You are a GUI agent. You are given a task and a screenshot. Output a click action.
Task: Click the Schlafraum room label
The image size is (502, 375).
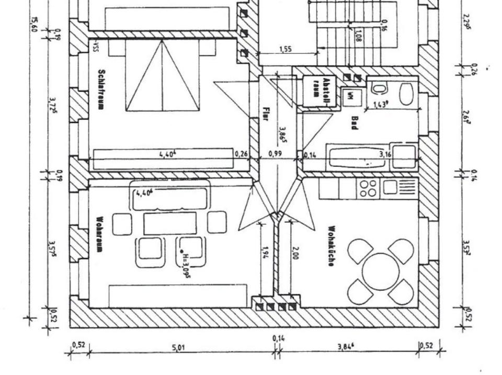tap(101, 89)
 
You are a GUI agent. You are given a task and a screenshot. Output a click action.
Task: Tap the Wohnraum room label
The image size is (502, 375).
tap(100, 235)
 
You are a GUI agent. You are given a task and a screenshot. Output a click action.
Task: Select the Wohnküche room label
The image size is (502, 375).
tap(330, 246)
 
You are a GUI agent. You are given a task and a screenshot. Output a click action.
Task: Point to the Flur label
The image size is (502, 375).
tap(265, 113)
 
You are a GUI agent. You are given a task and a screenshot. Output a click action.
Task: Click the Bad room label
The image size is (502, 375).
tap(355, 122)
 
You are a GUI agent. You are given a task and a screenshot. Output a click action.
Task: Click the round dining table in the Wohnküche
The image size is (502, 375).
tap(380, 271)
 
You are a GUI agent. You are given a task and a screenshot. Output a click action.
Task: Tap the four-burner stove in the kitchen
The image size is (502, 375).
tap(369, 188)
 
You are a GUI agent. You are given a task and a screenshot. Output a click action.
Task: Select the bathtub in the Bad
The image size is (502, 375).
tap(359, 157)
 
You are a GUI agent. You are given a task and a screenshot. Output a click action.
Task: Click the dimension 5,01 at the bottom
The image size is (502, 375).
tap(179, 347)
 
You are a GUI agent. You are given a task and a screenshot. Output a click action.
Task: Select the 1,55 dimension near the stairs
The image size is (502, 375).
tap(286, 50)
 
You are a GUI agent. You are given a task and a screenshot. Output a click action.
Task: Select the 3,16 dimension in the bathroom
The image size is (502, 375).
tap(385, 154)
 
